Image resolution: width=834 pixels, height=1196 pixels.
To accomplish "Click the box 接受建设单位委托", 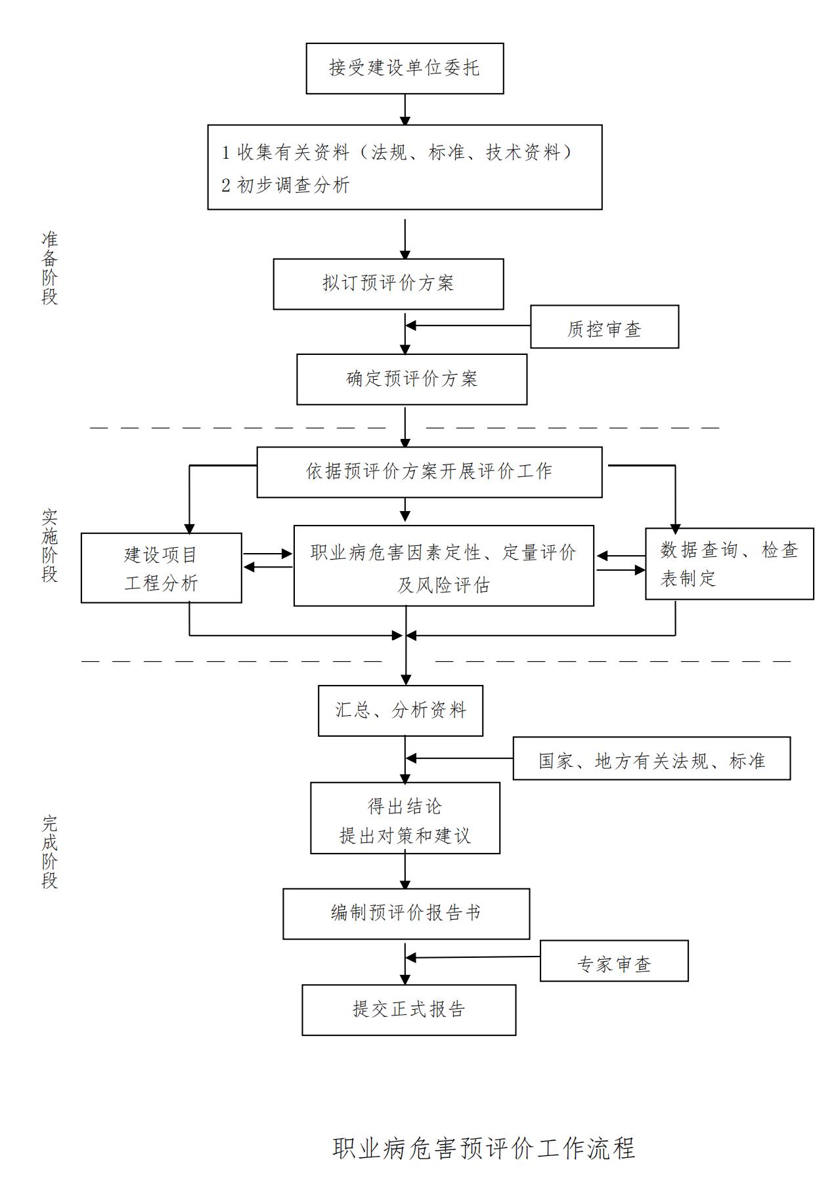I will click(405, 68).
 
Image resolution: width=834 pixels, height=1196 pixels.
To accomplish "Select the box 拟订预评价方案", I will click(388, 283).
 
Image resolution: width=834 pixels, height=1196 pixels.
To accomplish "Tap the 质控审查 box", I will click(604, 327).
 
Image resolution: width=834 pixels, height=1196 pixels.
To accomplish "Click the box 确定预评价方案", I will click(412, 379).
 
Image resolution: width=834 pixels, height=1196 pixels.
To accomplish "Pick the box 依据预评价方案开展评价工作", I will click(429, 472).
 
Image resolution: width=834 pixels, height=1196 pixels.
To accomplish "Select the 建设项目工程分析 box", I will click(161, 568).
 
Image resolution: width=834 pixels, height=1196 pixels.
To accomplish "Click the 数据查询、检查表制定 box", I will click(729, 564).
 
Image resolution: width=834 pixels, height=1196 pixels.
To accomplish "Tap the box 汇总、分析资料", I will click(401, 711).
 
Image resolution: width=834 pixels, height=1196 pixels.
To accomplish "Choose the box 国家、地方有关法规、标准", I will click(651, 758).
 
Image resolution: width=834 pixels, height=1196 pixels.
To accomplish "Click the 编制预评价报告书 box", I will click(406, 913).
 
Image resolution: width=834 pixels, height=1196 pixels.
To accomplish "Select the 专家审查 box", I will click(614, 961).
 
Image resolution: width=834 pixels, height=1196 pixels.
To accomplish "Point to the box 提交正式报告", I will click(408, 1010).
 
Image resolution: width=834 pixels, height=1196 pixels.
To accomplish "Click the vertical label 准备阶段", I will click(50, 268).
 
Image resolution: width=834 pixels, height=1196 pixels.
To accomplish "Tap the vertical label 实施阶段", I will click(50, 546).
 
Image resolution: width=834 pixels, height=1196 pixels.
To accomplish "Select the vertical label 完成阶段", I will click(50, 852).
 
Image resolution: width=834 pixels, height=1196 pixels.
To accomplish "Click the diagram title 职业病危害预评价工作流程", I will click(484, 1148).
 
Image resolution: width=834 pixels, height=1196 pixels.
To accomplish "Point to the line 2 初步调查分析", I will click(286, 186).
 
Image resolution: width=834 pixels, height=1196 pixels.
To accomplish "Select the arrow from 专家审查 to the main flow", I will click(473, 957).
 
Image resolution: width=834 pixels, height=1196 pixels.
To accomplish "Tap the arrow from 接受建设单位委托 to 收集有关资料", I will click(405, 109).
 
